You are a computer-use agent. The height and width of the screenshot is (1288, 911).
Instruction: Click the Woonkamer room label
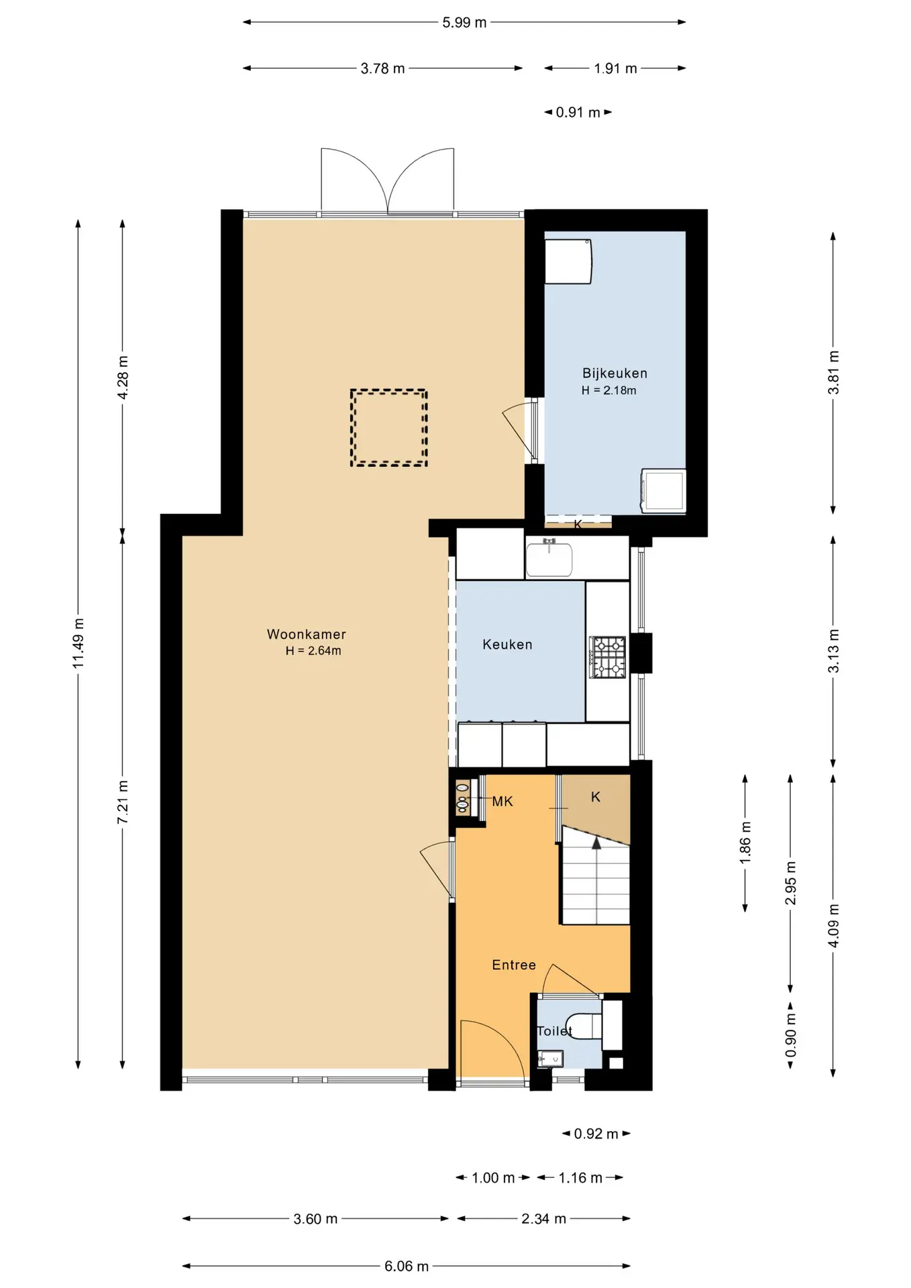click(307, 634)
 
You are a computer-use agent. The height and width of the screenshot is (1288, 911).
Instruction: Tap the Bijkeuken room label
click(614, 373)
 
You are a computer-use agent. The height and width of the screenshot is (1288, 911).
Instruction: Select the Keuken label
click(507, 644)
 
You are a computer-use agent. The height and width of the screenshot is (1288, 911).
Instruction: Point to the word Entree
click(514, 965)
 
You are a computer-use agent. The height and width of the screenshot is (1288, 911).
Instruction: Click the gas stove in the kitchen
click(608, 657)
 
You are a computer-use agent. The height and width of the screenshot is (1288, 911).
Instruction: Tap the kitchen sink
click(549, 559)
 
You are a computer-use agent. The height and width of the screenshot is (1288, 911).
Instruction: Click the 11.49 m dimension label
click(78, 642)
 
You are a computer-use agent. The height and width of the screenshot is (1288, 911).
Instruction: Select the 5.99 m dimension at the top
click(464, 22)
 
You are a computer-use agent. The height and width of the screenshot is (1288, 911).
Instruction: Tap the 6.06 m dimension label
click(407, 1266)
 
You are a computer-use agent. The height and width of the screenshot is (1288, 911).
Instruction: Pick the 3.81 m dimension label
click(833, 373)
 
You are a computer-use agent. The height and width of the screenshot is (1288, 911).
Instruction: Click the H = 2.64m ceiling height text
click(313, 651)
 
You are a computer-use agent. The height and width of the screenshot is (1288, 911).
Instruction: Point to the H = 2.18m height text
click(609, 390)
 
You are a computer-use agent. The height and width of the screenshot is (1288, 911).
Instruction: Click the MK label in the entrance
click(502, 801)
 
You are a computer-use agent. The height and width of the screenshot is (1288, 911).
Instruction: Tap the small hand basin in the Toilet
click(551, 1059)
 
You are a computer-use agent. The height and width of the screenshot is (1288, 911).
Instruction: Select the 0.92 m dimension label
click(596, 1134)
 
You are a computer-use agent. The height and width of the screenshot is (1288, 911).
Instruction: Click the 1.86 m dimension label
click(745, 843)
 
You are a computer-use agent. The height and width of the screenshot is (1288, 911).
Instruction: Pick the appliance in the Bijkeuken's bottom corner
click(663, 491)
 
